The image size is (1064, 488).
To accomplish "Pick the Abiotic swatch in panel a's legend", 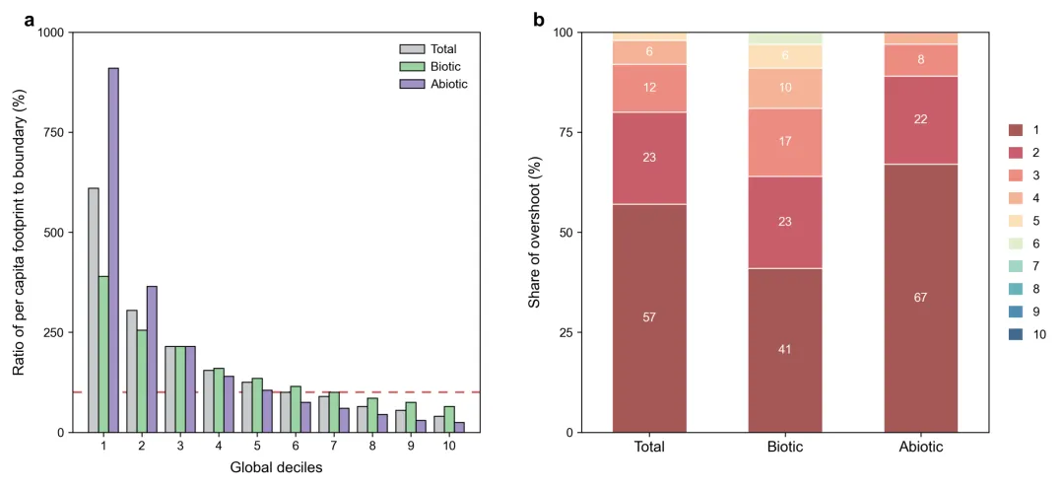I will pyautogui.click(x=410, y=84).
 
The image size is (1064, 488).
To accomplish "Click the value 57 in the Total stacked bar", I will pyautogui.click(x=649, y=317).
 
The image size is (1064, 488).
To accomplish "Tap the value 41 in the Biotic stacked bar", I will pyautogui.click(x=785, y=349).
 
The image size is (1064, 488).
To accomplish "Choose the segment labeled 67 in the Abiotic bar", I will pyautogui.click(x=921, y=297).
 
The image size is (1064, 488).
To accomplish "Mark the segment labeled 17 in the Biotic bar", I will pyautogui.click(x=785, y=142).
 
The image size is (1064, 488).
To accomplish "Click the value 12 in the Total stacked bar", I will pyautogui.click(x=649, y=88).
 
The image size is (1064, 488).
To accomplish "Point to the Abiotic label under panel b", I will pyautogui.click(x=921, y=447).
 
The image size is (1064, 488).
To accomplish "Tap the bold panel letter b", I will pyautogui.click(x=539, y=19).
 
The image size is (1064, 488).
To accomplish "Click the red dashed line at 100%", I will pyautogui.click(x=296, y=392).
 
